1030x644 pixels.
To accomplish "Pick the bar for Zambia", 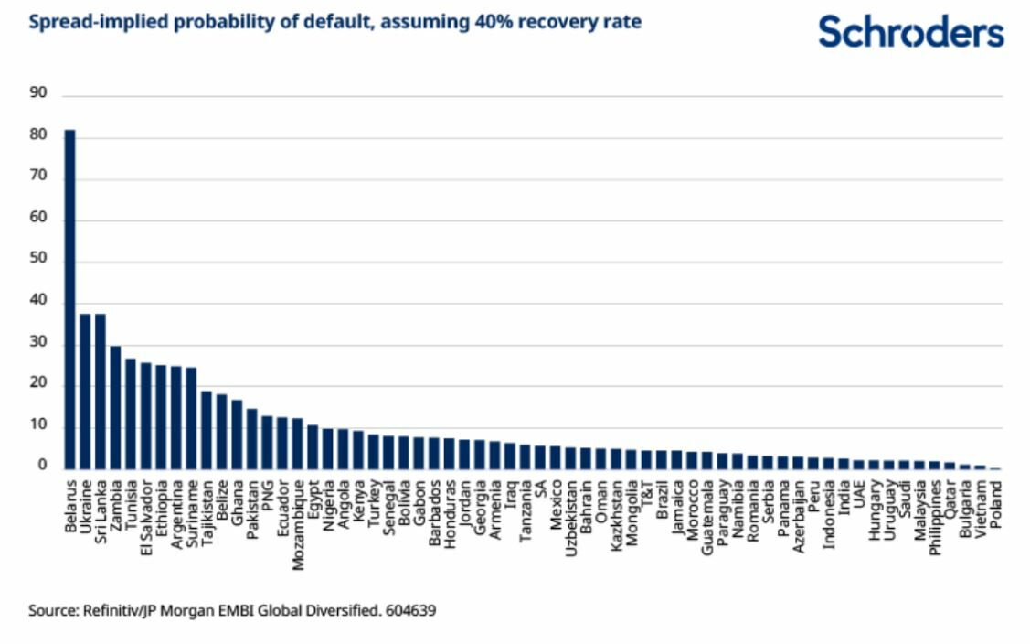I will [115, 407].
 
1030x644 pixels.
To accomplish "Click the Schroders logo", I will [910, 32].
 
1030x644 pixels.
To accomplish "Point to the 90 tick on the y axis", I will [38, 92].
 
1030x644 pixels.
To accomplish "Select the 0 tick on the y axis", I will [42, 465].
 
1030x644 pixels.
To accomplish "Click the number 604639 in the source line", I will [410, 610].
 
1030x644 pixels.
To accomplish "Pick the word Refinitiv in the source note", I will [111, 610].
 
